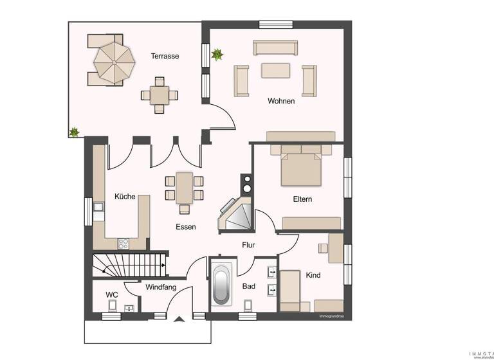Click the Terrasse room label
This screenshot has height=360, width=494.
[x=165, y=56]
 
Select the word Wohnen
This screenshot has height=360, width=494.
[x=281, y=101]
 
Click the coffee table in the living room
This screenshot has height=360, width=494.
[x=275, y=69]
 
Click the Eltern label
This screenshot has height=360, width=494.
[x=302, y=199]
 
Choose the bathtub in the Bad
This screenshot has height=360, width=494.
[x=221, y=285]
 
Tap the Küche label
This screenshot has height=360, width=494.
[x=125, y=197]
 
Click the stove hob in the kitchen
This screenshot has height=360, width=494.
[x=122, y=243]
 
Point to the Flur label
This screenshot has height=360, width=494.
[x=248, y=245]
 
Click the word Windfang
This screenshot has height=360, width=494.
[x=160, y=287]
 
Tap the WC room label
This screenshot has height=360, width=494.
[x=112, y=295]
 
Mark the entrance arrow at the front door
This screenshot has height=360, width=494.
[x=178, y=319]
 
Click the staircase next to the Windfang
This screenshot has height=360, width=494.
[x=129, y=265]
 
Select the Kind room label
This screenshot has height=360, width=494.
[x=313, y=275]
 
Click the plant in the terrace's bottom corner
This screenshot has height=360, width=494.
[x=74, y=132]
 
